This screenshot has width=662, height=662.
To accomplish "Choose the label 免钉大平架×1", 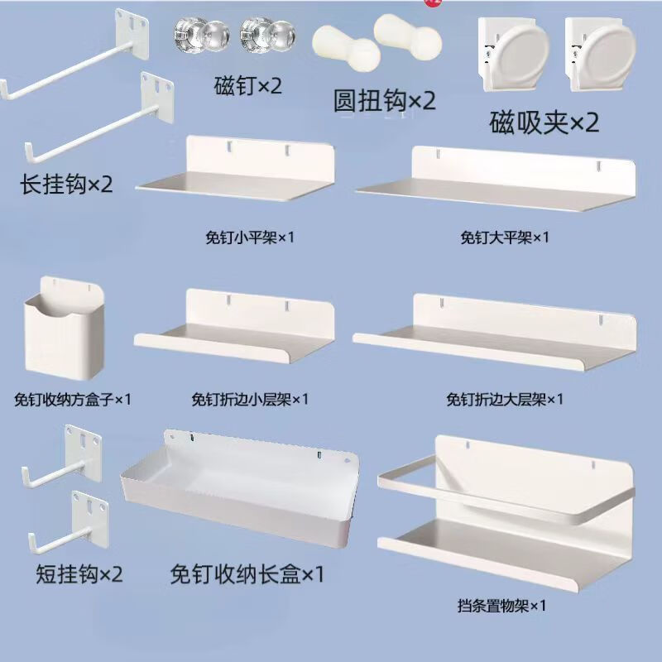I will coord(504,237).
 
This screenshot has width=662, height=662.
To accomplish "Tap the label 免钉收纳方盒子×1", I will coord(73,400).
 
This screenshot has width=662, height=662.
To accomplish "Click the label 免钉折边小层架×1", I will coord(249,400).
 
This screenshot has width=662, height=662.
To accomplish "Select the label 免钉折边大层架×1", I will coord(504,400).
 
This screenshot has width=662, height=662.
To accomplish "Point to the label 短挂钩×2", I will coord(79,573).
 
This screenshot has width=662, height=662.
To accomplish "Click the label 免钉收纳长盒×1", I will coord(247,573).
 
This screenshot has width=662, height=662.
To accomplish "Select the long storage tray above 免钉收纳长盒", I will coord(240,488).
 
